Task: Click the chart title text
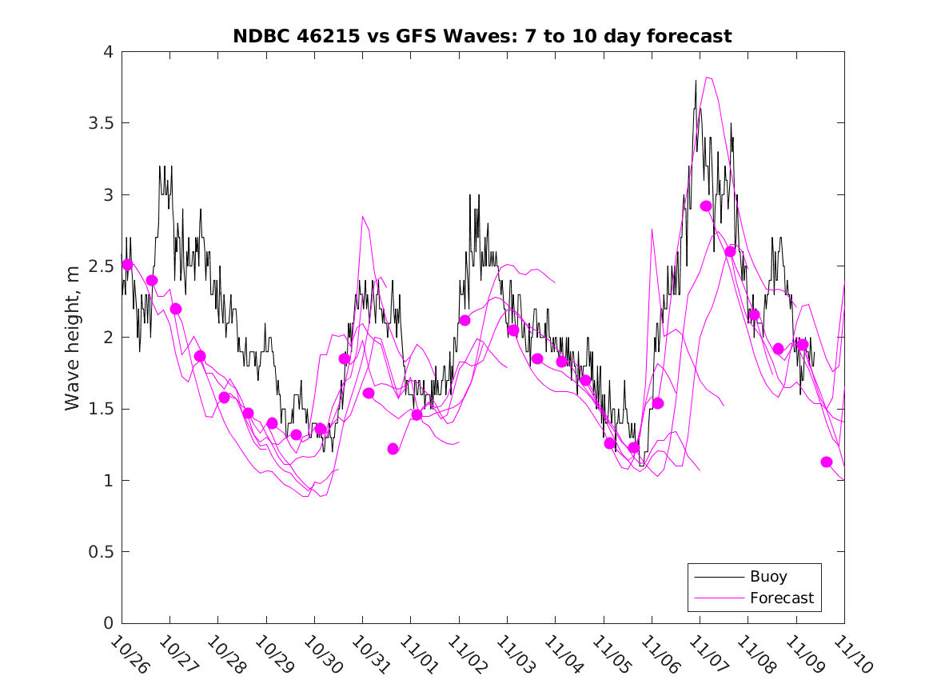click(x=482, y=36)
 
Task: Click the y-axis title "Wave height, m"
click(x=73, y=338)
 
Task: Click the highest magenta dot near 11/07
click(x=706, y=206)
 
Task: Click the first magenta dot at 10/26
click(x=127, y=264)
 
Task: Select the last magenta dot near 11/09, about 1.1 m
click(x=827, y=462)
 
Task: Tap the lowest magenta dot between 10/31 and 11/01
click(x=393, y=449)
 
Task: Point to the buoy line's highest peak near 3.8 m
click(x=696, y=81)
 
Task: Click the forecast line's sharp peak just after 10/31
click(x=363, y=217)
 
